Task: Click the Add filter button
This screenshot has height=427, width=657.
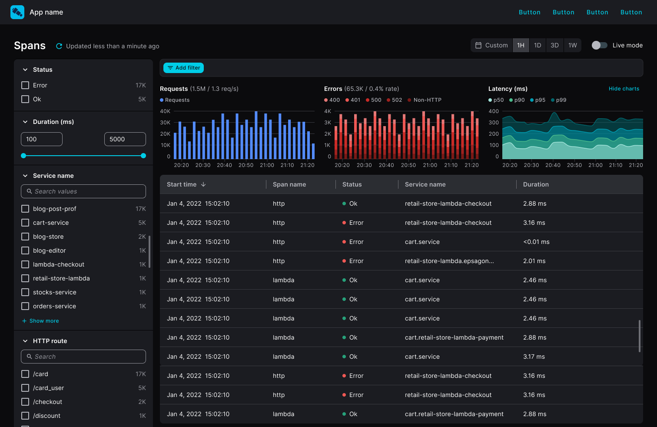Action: pos(183,68)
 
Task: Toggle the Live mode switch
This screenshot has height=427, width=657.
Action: pos(599,45)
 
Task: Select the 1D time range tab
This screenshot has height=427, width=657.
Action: pos(538,45)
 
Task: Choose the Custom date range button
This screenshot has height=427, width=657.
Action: pos(492,45)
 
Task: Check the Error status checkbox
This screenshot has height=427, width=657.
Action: pos(25,85)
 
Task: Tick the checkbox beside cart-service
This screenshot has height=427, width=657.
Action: pos(25,223)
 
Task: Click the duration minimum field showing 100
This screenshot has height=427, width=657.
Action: pos(42,139)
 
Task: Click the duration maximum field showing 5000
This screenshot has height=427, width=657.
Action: pos(125,139)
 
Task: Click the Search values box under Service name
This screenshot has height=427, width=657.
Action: pos(83,191)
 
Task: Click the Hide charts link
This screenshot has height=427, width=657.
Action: pos(624,89)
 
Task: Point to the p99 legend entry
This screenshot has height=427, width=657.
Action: pos(559,100)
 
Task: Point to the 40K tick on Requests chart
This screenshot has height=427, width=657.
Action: pos(165,111)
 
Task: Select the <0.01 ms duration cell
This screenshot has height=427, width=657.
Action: pos(536,242)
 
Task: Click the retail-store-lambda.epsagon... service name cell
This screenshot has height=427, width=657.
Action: pos(449,261)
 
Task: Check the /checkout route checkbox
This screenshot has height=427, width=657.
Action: pos(25,402)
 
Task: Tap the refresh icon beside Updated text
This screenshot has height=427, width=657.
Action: pos(59,46)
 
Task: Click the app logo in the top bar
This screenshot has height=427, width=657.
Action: pos(17,12)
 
